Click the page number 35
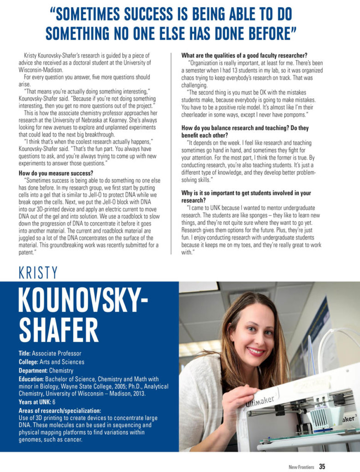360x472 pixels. point(322,466)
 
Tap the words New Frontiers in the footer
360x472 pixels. point(302,467)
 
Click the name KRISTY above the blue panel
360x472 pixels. point(38,273)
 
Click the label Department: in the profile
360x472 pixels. point(33,370)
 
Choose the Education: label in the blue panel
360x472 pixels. point(31,379)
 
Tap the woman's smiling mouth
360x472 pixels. point(256,351)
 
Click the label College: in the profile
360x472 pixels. point(29,362)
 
